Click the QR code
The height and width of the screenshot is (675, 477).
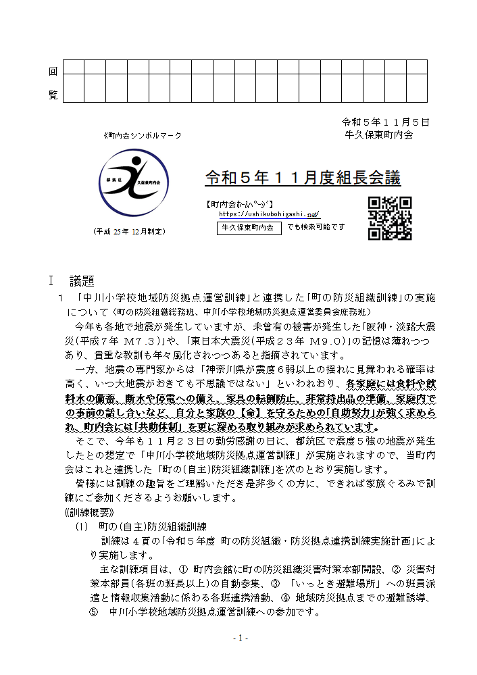[x=390, y=218]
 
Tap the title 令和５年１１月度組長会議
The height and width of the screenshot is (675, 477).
[x=303, y=178]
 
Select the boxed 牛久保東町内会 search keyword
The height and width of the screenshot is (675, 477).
[x=249, y=228]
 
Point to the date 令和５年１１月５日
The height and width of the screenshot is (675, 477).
[x=386, y=122]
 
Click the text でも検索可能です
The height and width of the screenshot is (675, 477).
[x=316, y=227]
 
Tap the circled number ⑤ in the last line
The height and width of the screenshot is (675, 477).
[x=94, y=614]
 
